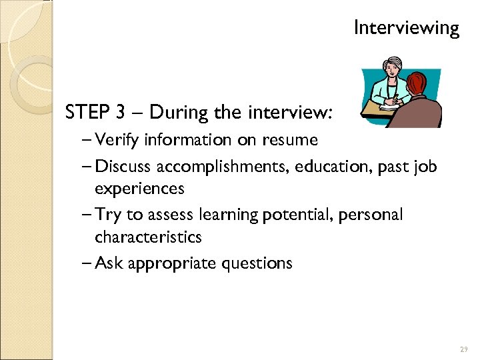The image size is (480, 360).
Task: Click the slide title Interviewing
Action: click(406, 28)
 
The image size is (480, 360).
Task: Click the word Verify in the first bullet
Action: click(118, 141)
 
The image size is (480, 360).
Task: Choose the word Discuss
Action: click(125, 165)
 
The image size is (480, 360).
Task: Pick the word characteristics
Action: click(148, 237)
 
